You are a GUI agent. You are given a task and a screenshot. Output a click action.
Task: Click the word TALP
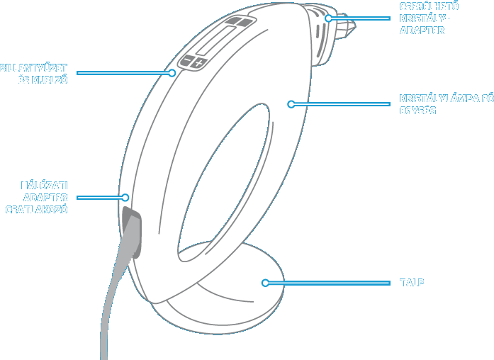pyautogui.click(x=412, y=283)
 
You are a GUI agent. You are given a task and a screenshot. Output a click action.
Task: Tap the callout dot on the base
pyautogui.click(x=265, y=283)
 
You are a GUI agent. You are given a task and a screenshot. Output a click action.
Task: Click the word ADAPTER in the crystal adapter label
pyautogui.click(x=422, y=30)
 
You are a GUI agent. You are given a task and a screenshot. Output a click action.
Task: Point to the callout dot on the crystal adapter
pyautogui.click(x=328, y=18)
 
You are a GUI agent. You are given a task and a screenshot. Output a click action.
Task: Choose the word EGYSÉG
pyautogui.click(x=417, y=111)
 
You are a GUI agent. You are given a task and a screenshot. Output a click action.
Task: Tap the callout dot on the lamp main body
pyautogui.click(x=291, y=104)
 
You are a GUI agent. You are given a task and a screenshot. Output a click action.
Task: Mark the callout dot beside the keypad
pyautogui.click(x=172, y=72)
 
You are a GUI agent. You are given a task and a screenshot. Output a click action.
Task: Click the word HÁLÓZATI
pyautogui.click(x=44, y=186)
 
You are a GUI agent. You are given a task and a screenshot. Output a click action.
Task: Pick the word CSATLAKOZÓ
pyautogui.click(x=37, y=210)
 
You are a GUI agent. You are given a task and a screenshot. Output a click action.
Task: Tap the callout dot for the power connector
pyautogui.click(x=125, y=198)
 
